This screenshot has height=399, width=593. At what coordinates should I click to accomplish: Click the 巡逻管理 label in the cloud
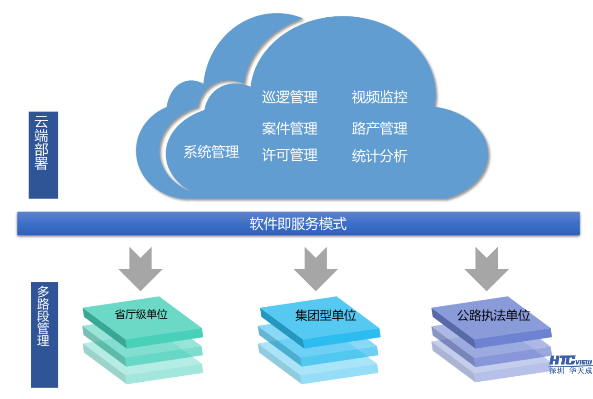point(290,97)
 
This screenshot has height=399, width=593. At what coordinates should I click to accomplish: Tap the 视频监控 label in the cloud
point(379,97)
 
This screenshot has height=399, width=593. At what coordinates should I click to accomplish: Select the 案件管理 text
point(290,129)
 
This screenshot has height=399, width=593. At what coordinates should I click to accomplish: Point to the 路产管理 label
point(379,129)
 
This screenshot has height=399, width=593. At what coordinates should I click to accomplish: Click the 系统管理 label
point(211,152)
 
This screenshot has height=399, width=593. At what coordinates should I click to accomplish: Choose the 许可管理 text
point(290,155)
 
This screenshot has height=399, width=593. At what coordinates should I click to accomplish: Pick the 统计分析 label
point(379,157)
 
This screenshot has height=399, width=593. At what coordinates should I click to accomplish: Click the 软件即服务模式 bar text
point(298,224)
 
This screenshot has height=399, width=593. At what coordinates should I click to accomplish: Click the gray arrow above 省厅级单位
point(141,269)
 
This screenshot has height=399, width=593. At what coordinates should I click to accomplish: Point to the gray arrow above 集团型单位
point(316,269)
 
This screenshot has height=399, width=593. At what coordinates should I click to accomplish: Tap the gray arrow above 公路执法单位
point(486,269)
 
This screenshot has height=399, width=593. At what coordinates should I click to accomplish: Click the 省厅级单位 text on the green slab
point(141,315)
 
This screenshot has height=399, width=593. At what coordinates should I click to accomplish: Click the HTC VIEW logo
point(570,360)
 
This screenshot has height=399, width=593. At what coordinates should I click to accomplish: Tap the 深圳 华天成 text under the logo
point(570,371)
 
